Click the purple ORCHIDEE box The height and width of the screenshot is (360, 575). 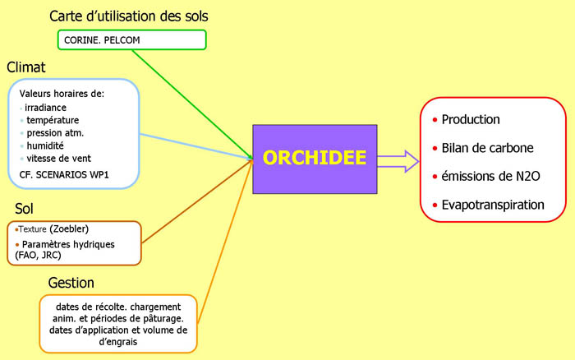tap(314, 159)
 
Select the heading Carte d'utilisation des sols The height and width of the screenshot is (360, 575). tap(129, 16)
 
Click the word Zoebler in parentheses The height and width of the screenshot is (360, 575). tap(71, 228)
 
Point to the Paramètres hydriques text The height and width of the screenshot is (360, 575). tap(69, 244)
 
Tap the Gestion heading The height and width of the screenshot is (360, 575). tap(71, 282)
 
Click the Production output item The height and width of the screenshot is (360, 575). tap(471, 119)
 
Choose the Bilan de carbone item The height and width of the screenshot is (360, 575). tap(487, 148)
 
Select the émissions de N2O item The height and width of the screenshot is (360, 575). tap(490, 176)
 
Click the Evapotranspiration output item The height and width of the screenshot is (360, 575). tap(492, 204)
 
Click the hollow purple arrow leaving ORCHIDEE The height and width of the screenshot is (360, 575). tap(398, 159)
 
